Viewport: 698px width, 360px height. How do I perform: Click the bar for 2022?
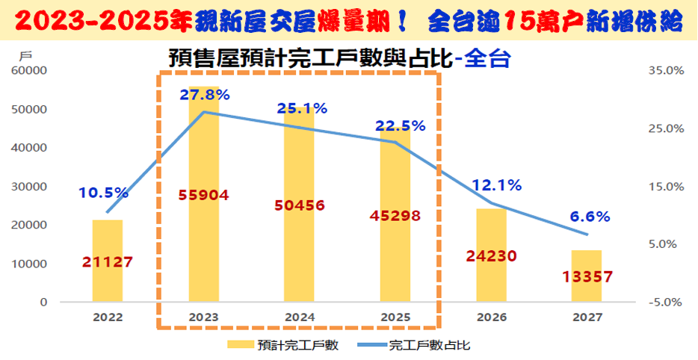point(108,261)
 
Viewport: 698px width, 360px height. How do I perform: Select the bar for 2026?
point(491,255)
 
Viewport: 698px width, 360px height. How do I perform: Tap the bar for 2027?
point(587,276)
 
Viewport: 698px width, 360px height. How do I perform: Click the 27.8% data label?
point(204,95)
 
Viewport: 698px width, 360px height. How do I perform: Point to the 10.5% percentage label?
point(103,193)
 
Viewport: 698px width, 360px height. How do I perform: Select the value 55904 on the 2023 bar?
point(203,195)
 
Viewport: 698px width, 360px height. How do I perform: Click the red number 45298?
point(395,216)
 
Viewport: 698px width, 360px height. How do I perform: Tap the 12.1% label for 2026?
point(496,185)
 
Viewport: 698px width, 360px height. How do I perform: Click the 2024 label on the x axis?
point(300,317)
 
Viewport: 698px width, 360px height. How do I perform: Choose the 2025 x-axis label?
point(395,317)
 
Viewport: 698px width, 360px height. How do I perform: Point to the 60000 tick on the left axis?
point(29,71)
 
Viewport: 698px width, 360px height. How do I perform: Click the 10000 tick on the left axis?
point(29,264)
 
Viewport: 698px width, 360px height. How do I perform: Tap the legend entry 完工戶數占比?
point(430,345)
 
